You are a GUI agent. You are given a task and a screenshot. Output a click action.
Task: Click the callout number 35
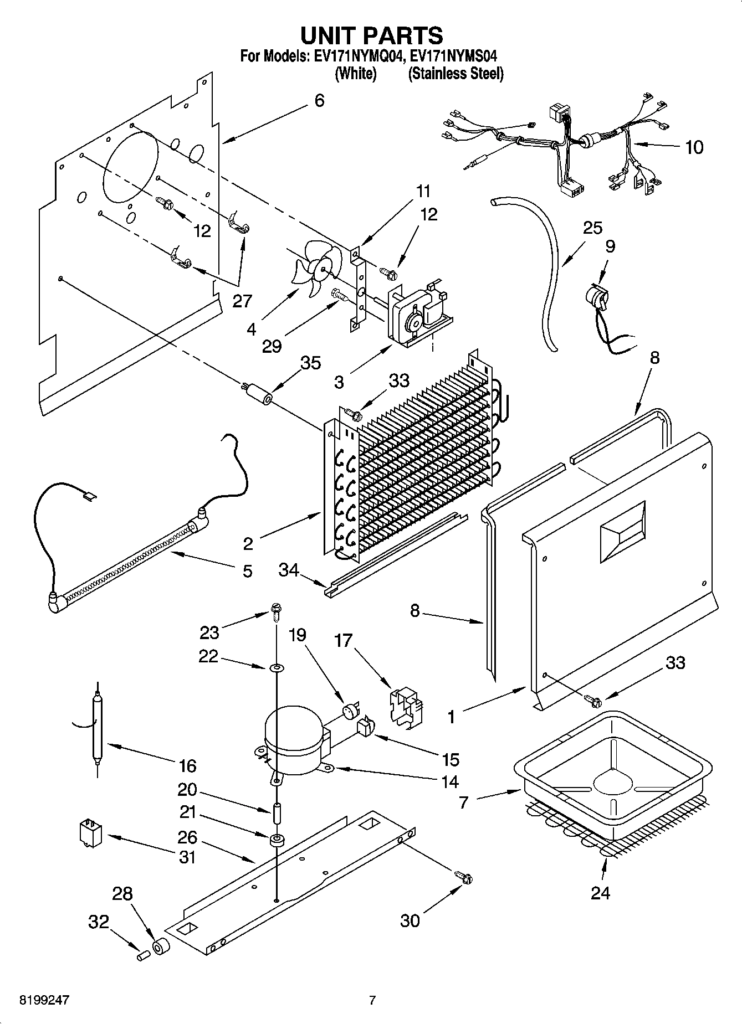point(310,363)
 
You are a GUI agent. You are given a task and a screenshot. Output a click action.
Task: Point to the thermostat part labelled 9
point(597,301)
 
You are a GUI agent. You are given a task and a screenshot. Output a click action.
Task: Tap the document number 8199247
point(45,1000)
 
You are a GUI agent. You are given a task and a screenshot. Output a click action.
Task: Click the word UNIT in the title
point(332,35)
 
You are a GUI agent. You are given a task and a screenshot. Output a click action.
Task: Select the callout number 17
point(343,641)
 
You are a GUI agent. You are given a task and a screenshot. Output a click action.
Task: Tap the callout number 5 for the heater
point(247,570)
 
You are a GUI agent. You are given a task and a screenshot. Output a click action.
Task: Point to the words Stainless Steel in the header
point(456,74)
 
